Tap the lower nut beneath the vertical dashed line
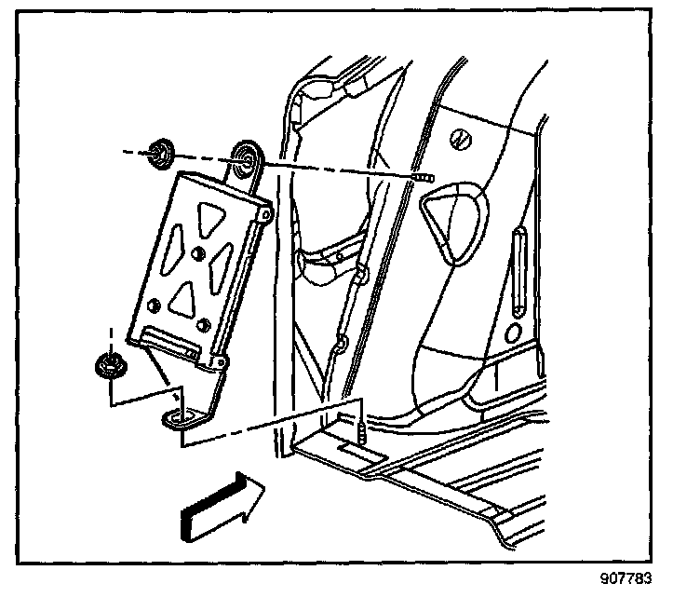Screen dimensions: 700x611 point(110,366)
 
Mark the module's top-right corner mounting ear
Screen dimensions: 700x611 point(265,216)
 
